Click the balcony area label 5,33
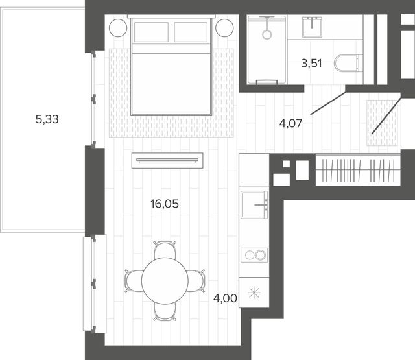(x=47, y=119)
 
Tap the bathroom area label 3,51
(x=311, y=64)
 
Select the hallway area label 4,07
(x=290, y=123)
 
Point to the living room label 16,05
(x=165, y=204)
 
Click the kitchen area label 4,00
(x=225, y=298)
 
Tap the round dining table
(x=165, y=281)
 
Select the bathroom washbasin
(x=312, y=27)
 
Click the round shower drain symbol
(x=267, y=34)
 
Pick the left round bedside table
(x=118, y=28)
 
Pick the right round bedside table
(x=224, y=28)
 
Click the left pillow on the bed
(x=151, y=32)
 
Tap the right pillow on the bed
(x=191, y=32)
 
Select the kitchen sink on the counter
(x=254, y=204)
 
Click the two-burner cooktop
(x=254, y=255)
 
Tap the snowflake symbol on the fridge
(x=254, y=293)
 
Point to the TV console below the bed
(x=167, y=160)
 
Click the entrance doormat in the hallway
(x=382, y=123)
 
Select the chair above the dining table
(x=165, y=250)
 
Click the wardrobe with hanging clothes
(x=358, y=170)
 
